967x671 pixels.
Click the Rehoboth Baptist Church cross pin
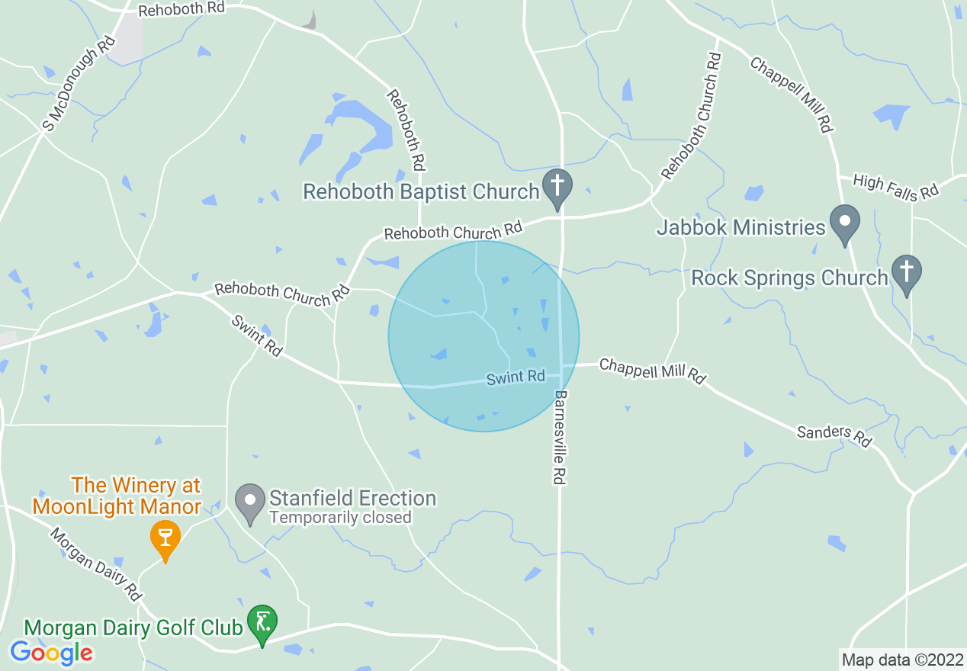557,187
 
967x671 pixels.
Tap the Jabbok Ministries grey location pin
844,223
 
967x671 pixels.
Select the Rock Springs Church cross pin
907,274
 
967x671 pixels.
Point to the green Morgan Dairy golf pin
263,624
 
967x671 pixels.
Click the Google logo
51,653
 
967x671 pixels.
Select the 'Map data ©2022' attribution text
901,660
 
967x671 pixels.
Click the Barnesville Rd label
561,438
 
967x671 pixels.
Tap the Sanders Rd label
834,436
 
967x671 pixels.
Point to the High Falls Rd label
895,187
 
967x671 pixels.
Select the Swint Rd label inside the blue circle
516,377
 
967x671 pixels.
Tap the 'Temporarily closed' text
340,518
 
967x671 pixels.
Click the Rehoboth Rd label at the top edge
182,10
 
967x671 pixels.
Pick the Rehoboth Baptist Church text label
421,191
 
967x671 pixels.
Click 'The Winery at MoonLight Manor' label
136,496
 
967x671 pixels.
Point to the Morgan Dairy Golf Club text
133,628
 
